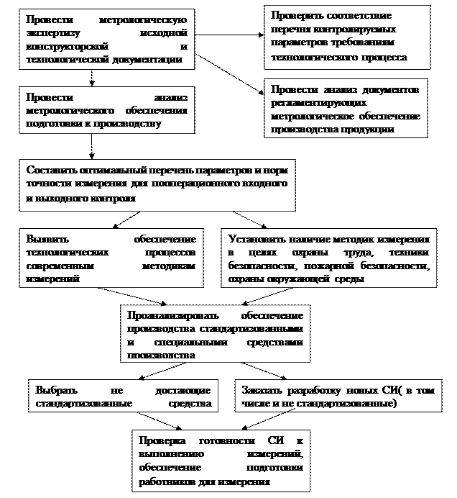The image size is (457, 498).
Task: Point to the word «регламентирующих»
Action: (x=310, y=103)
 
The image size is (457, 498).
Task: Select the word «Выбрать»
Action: (x=56, y=390)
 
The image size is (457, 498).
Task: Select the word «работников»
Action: (x=167, y=479)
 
